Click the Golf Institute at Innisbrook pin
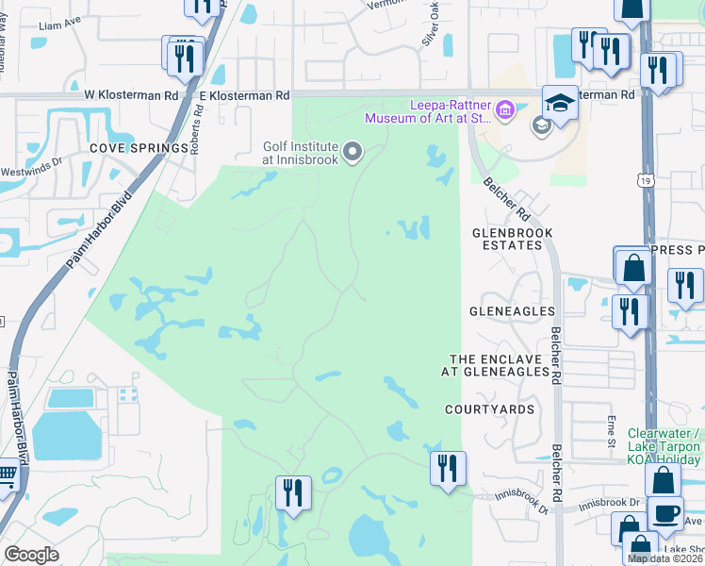pos(353,152)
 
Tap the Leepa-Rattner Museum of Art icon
pos(504,112)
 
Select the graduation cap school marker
pos(559,103)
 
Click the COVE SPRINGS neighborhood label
pos(126,149)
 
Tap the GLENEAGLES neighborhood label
pos(512,310)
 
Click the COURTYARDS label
pos(490,409)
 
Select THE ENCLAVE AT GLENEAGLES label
pos(499,366)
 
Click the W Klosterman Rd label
pos(131,95)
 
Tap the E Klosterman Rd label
pos(244,95)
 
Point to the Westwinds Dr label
pos(38,161)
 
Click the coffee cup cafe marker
pos(665,513)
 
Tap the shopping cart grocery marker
pos(6,477)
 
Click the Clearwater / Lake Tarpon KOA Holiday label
pos(664,446)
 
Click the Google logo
pos(31,554)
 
